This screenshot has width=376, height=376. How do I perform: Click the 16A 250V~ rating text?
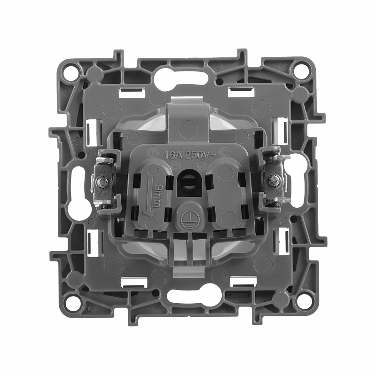coord(190,155)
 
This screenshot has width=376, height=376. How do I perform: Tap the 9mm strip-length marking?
coord(156,195)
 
